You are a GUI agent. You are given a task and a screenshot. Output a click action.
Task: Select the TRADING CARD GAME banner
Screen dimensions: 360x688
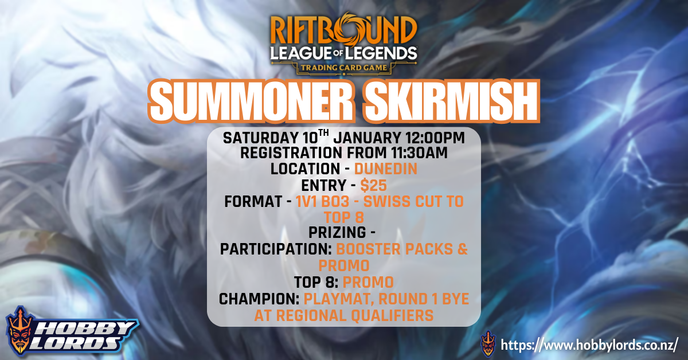344,68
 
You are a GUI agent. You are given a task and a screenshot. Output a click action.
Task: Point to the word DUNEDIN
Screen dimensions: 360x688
385,169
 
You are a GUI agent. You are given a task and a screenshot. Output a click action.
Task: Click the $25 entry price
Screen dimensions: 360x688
374,185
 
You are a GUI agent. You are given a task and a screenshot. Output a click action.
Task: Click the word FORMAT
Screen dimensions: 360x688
252,202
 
